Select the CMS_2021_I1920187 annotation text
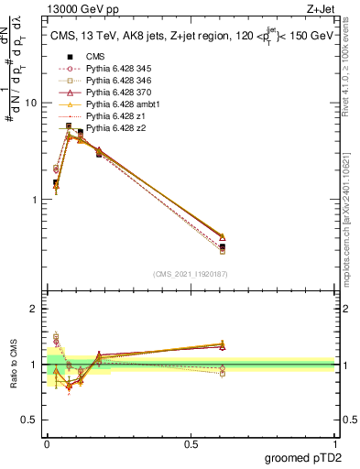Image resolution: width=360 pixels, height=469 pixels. (x=191, y=274)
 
